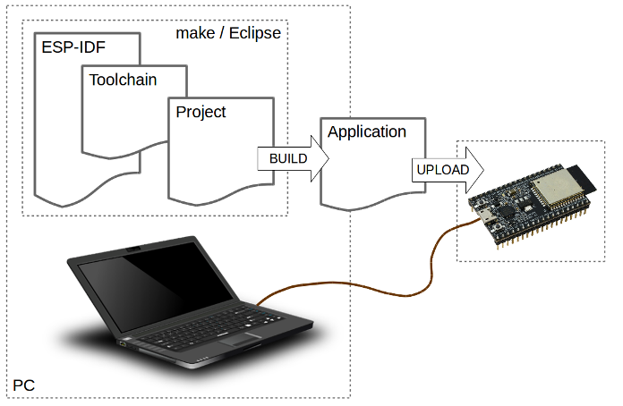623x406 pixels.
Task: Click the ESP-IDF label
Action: [x=73, y=48]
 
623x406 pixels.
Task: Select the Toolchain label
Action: [x=123, y=80]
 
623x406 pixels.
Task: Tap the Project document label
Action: [x=201, y=112]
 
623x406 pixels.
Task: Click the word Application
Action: [x=367, y=132]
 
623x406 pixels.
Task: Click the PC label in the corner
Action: [x=24, y=385]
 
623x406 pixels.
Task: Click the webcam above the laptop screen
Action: [x=132, y=247]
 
